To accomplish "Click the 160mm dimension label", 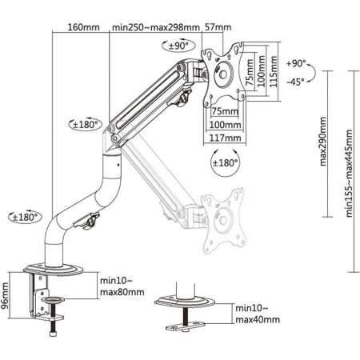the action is tap(83, 27).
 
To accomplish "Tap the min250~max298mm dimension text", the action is tap(156, 27).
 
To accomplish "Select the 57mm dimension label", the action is tap(218, 27).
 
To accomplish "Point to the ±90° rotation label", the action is tap(178, 46).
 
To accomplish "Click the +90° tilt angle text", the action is tap(296, 64).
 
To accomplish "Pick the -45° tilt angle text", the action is tap(296, 82).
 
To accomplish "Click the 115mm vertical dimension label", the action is tap(274, 71).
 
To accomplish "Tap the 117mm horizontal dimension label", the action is tap(225, 138).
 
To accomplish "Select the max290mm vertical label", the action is tap(322, 142).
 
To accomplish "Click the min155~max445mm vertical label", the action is tap(349, 174).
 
